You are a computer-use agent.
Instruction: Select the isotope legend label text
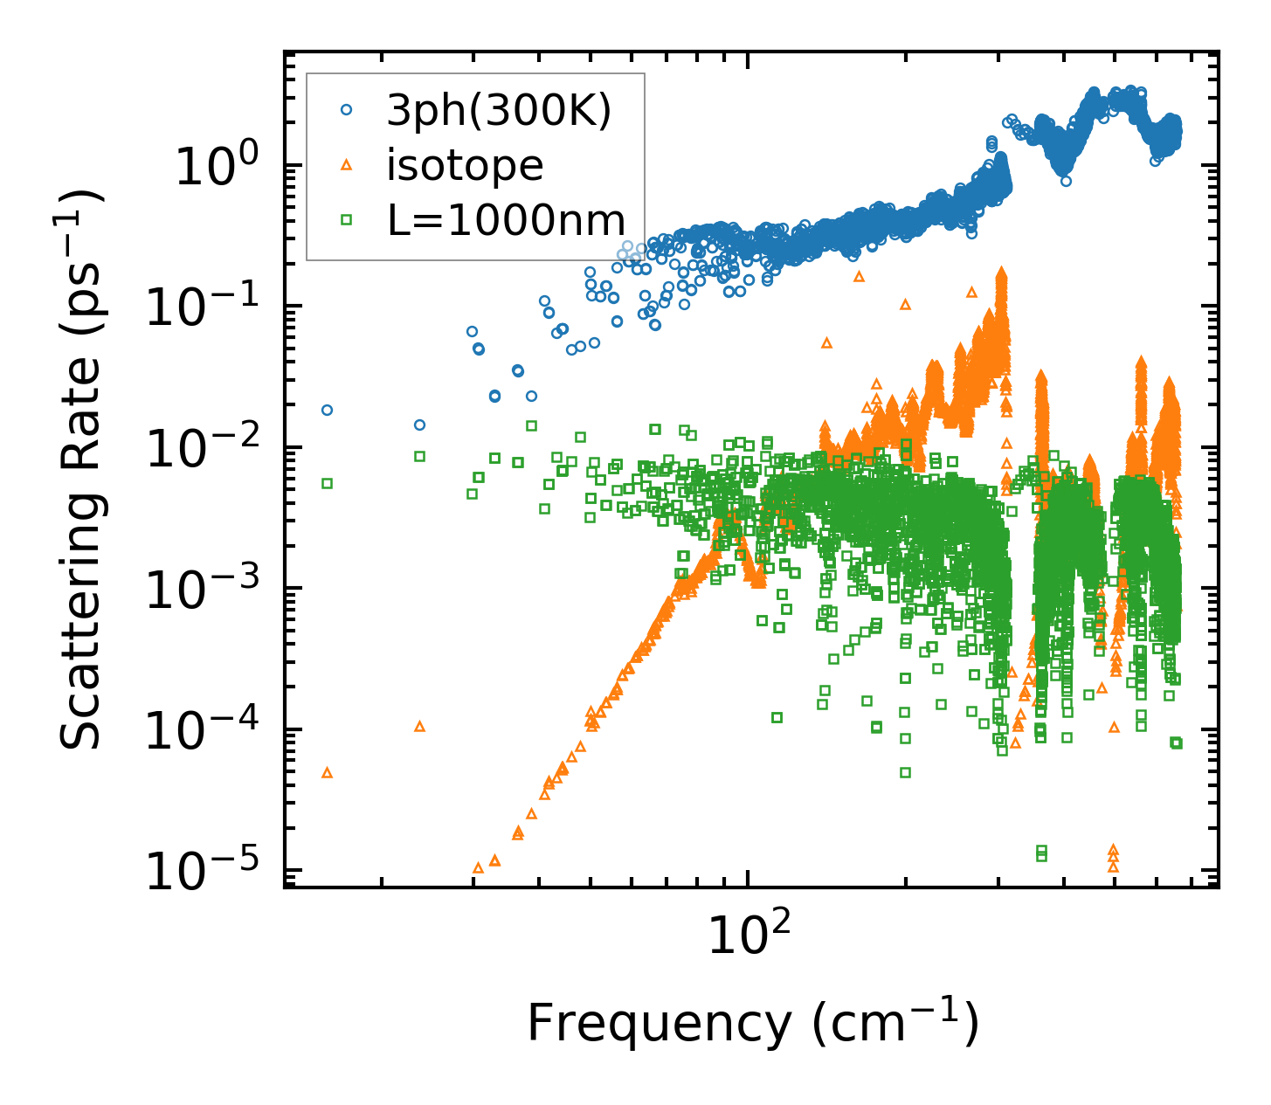pyautogui.click(x=465, y=165)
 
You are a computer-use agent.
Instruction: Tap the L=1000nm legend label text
pyautogui.click(x=507, y=220)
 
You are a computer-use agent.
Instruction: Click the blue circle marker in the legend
pyautogui.click(x=347, y=110)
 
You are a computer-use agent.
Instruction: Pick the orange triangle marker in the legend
pyautogui.click(x=347, y=164)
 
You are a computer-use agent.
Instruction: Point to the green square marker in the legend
pyautogui.click(x=347, y=220)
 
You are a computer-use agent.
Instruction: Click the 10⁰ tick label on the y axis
pyautogui.click(x=214, y=166)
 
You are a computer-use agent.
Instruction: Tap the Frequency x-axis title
pyautogui.click(x=752, y=1023)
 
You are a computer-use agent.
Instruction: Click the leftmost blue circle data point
pyautogui.click(x=328, y=410)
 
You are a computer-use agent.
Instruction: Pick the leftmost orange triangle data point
pyautogui.click(x=328, y=773)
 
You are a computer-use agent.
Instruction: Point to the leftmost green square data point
pyautogui.click(x=328, y=483)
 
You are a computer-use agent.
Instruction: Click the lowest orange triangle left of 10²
pyautogui.click(x=478, y=868)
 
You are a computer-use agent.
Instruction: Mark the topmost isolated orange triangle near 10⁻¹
pyautogui.click(x=859, y=276)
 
